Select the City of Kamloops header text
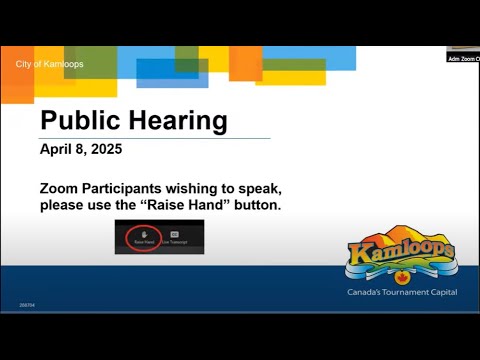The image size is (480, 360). [50, 65]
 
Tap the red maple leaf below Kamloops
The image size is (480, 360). [403, 277]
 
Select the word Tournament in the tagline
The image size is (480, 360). [406, 292]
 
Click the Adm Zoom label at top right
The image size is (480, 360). [463, 58]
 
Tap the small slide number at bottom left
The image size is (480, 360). [26, 304]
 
